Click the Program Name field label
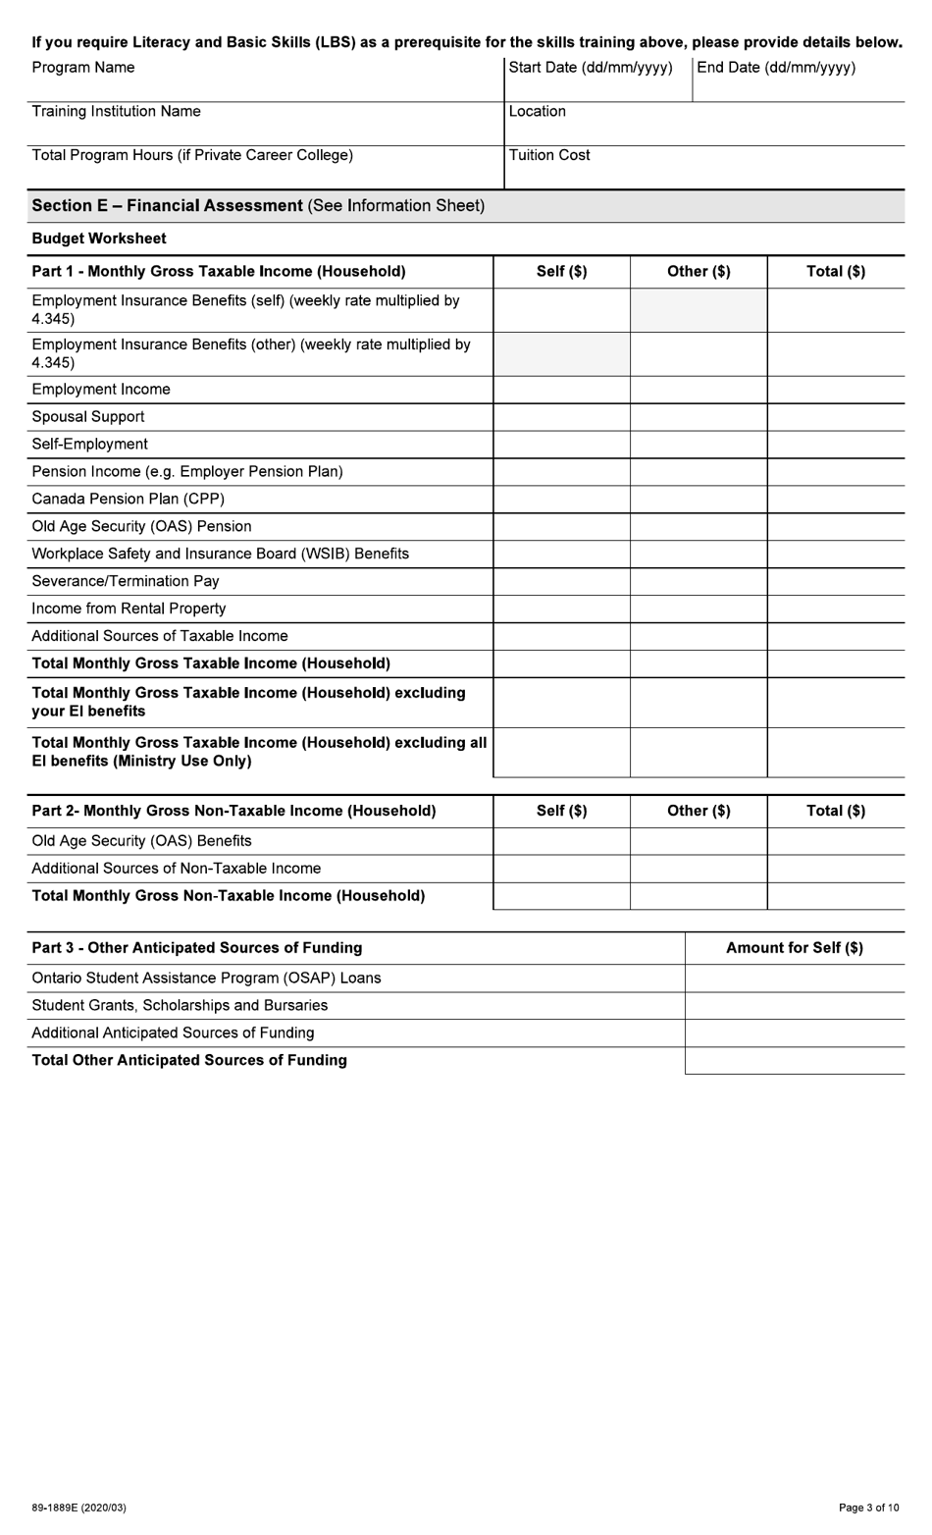click(x=83, y=68)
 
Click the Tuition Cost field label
click(x=549, y=155)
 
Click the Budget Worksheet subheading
click(x=99, y=238)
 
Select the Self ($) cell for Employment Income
click(x=561, y=390)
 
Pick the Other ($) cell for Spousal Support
click(x=699, y=417)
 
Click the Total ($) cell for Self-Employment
click(x=836, y=445)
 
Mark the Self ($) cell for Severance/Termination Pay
click(x=561, y=581)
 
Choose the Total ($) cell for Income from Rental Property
click(x=836, y=609)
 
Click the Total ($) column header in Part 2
click(x=836, y=811)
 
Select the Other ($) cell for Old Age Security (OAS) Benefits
click(x=699, y=841)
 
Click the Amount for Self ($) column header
click(x=795, y=948)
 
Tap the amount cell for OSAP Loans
click(x=795, y=979)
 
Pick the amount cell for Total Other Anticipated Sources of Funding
click(x=795, y=1061)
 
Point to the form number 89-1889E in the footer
click(x=78, y=1508)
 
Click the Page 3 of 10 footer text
click(x=868, y=1508)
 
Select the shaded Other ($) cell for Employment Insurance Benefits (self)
click(x=699, y=310)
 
